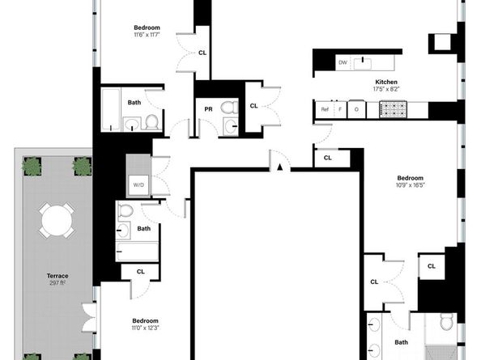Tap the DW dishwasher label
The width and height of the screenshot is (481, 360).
point(343,61)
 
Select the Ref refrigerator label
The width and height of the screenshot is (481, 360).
point(325,109)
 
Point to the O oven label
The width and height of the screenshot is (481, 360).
point(357,109)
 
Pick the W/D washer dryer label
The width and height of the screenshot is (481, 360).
point(139,185)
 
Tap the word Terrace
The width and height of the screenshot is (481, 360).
point(56,275)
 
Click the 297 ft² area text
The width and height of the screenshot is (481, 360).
point(56,283)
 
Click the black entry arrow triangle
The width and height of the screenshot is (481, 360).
point(279,168)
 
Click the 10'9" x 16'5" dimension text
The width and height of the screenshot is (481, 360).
point(411,185)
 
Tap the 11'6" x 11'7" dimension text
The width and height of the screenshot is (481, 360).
point(147,35)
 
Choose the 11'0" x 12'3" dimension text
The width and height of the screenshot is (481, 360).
point(146,328)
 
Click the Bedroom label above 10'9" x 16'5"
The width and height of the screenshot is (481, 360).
point(411,177)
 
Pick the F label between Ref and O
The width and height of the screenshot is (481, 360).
point(340,109)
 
